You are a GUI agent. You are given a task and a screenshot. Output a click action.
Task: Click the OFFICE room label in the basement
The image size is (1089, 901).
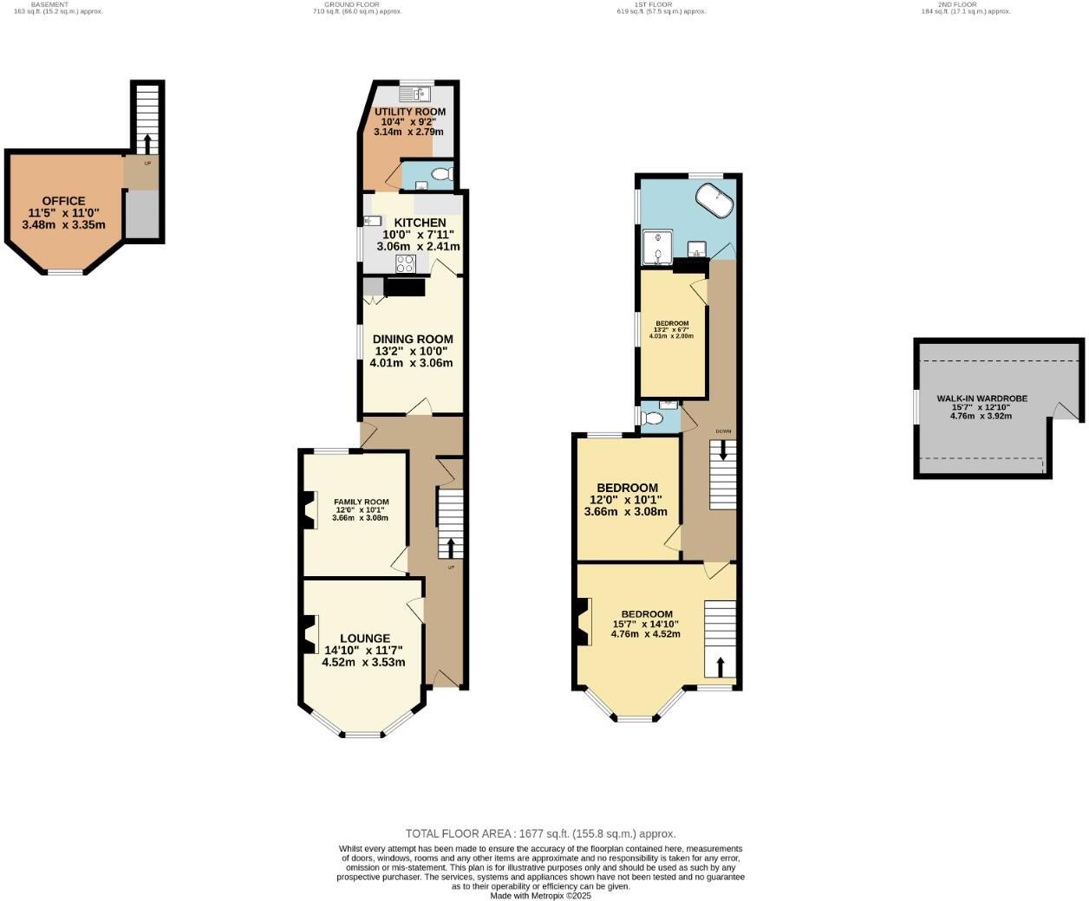pos(63,201)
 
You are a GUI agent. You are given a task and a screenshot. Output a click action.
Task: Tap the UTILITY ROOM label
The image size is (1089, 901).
pos(409,112)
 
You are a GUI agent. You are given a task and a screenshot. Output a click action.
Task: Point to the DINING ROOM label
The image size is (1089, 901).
pos(413,340)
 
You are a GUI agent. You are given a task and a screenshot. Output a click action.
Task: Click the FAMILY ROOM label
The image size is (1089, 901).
pos(361,502)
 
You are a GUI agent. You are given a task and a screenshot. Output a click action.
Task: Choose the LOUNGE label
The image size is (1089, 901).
pos(364,638)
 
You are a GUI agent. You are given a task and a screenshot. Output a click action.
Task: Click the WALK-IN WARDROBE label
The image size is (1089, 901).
pos(981,399)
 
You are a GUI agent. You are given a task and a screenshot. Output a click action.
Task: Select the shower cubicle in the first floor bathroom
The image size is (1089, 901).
pos(658,247)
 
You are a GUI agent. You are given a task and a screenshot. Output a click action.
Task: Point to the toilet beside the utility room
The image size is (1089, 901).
pos(441,174)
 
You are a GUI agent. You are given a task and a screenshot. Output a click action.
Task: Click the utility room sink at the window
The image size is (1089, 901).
pos(416,94)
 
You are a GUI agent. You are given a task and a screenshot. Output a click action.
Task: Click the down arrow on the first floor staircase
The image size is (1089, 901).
pos(723,450)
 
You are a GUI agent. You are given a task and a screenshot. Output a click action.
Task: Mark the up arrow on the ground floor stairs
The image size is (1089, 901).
pos(450,547)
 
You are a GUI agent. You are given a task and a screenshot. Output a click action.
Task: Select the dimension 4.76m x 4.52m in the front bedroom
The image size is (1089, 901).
pos(646,634)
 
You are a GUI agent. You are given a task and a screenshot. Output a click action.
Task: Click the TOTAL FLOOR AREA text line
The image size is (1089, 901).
pos(540,833)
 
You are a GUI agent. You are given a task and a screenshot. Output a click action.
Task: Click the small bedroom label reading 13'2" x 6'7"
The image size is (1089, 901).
pos(672,330)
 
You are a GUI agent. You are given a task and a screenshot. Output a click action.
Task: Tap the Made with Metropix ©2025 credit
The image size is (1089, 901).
pos(540,896)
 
